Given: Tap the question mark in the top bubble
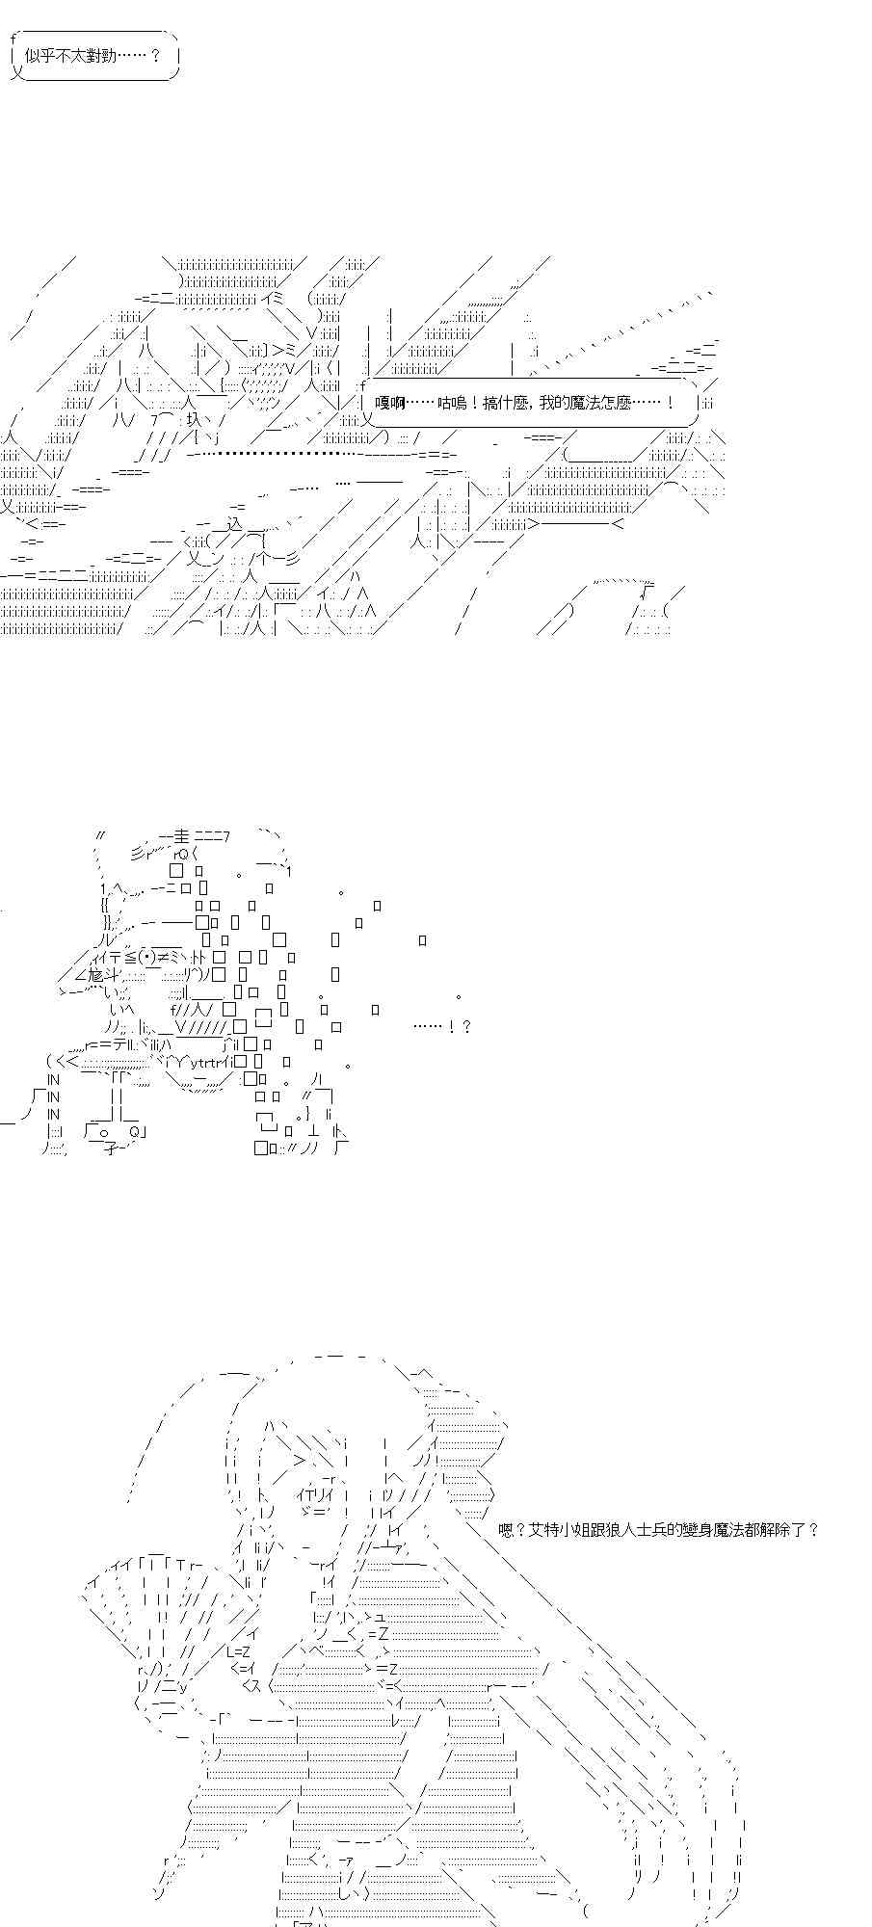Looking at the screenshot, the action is click(x=156, y=56).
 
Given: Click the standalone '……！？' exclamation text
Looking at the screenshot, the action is click(x=442, y=1026).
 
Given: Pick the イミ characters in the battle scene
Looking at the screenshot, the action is click(x=271, y=298).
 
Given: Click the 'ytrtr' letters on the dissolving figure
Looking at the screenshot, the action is click(x=205, y=1063).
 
